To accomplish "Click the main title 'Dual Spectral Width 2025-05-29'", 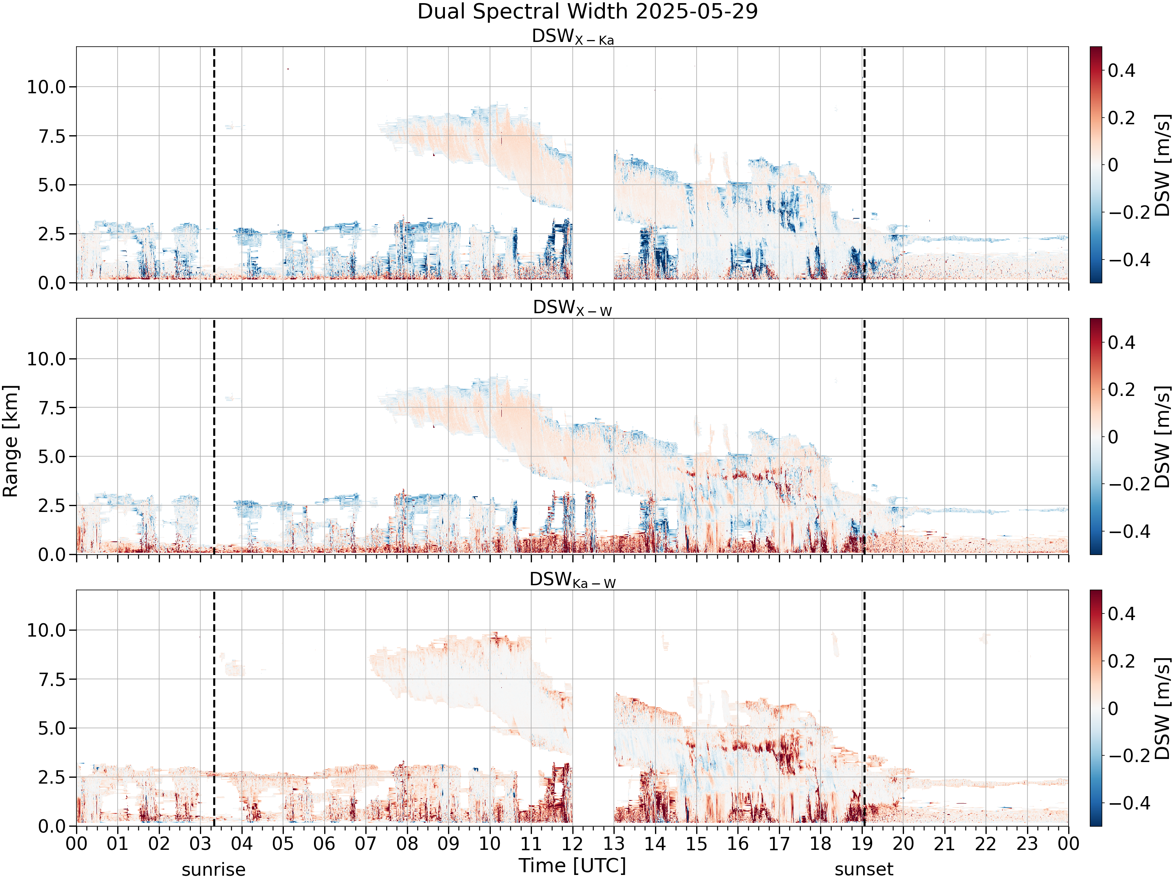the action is [x=588, y=12].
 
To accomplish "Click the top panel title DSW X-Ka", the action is [x=573, y=37].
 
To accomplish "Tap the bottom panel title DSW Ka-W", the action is [x=573, y=580].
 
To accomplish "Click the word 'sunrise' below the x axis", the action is [x=214, y=870].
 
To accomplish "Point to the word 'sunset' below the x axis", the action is [x=864, y=870].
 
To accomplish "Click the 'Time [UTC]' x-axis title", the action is [x=573, y=866].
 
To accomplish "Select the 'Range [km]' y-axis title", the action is [x=11, y=441].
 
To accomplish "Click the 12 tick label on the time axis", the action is [x=573, y=844].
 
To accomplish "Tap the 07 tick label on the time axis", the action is [x=366, y=844].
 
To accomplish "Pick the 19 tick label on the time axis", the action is [x=862, y=844].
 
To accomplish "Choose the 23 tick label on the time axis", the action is [x=1027, y=844].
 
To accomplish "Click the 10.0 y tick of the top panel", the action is [x=46, y=87].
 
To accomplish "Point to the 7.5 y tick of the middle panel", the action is [x=52, y=408].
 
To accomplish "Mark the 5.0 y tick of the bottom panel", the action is [x=52, y=728].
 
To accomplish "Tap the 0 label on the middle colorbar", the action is [x=1113, y=437].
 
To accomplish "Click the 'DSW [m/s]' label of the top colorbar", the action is [x=1163, y=165].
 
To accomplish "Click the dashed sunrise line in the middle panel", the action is [x=214, y=436].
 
